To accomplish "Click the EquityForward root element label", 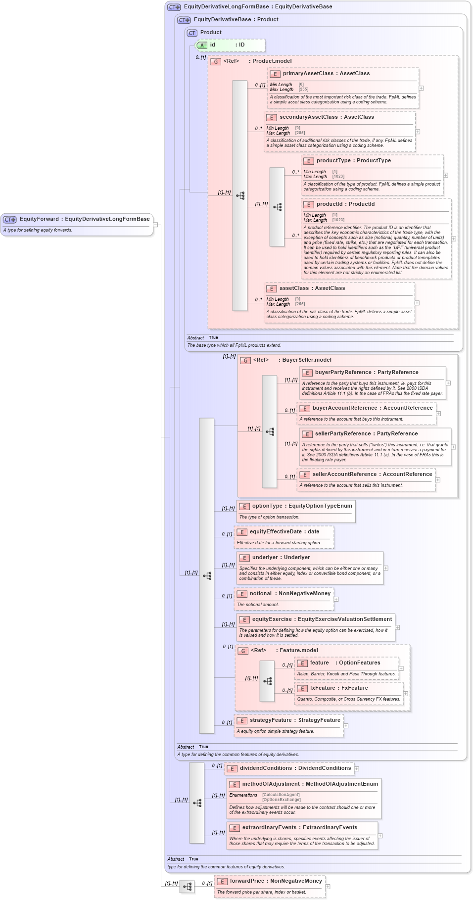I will pyautogui.click(x=84, y=219).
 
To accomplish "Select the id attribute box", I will pyautogui.click(x=231, y=45).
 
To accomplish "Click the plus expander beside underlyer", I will pyautogui.click(x=386, y=568).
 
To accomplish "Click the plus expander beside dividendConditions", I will pyautogui.click(x=357, y=769).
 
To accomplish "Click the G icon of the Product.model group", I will pyautogui.click(x=216, y=62).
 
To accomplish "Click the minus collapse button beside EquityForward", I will pyautogui.click(x=155, y=225).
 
